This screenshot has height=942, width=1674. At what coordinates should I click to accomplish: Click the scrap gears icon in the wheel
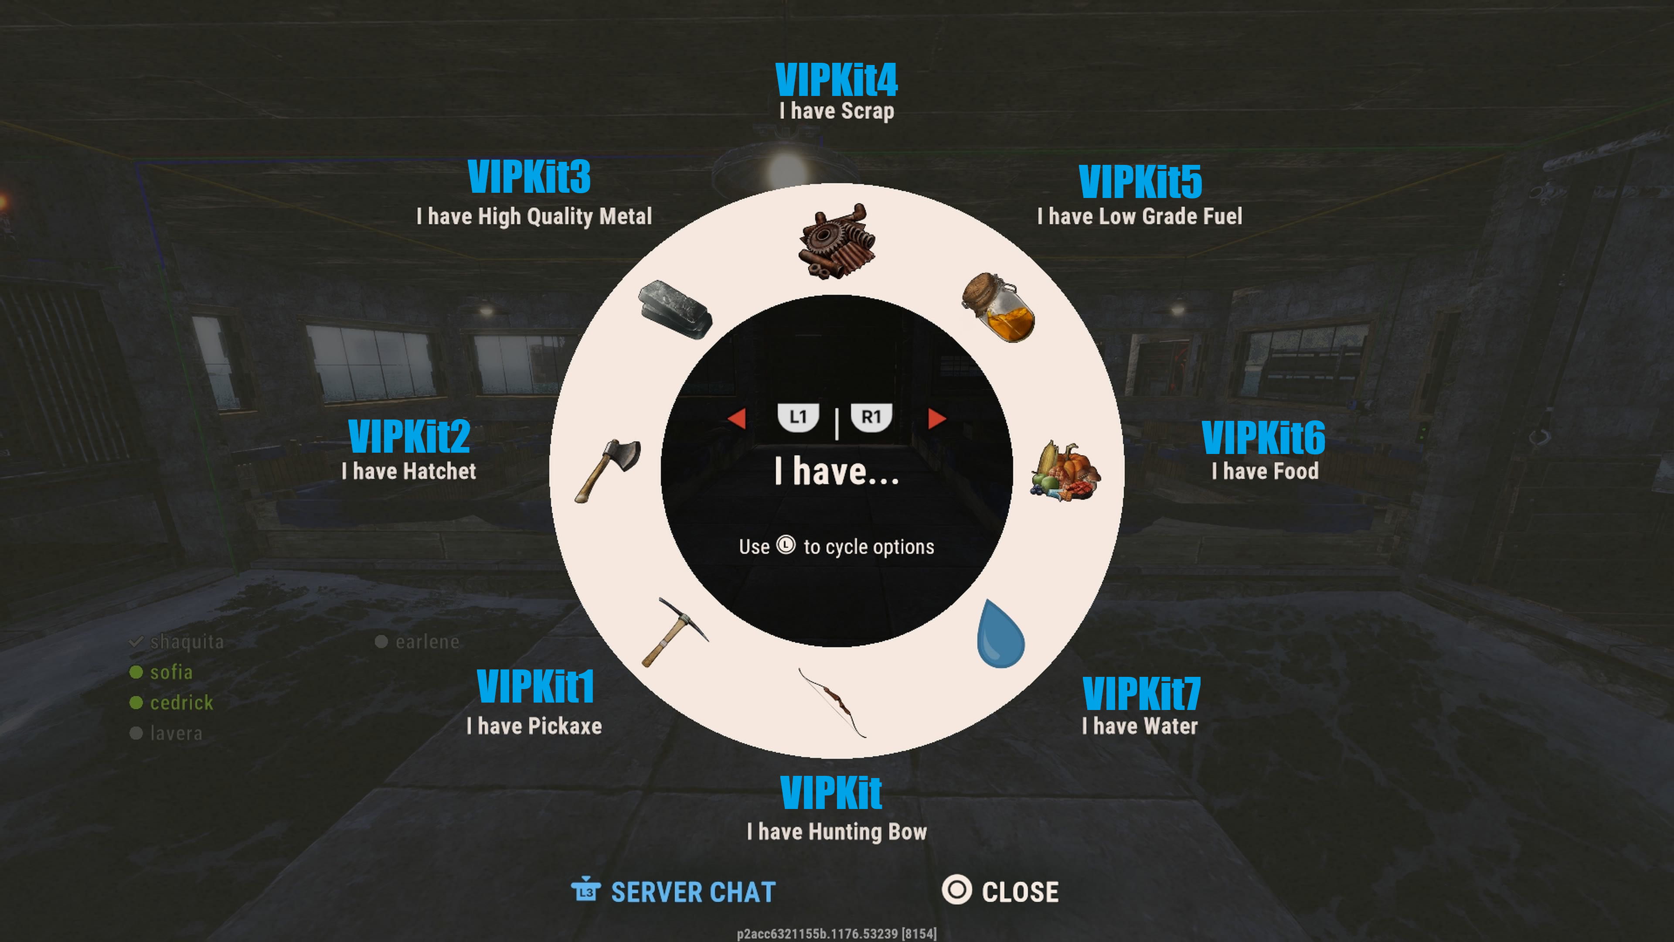[837, 242]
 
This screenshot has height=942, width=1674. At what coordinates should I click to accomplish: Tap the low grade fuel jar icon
[998, 307]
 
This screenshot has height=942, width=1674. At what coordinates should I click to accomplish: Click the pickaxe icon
[674, 632]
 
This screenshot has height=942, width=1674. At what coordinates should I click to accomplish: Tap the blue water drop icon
[1001, 633]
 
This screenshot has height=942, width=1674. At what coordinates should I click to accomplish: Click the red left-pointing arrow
[736, 418]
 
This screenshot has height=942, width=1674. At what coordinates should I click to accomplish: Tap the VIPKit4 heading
[837, 79]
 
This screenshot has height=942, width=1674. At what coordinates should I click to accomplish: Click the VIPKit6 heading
[1263, 437]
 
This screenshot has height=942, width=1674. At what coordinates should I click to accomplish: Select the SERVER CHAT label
[694, 892]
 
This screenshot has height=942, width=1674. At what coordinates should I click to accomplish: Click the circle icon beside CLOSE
[956, 890]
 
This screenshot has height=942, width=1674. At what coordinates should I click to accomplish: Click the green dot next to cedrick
[136, 703]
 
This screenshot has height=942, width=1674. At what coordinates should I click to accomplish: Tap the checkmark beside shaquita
[136, 642]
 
